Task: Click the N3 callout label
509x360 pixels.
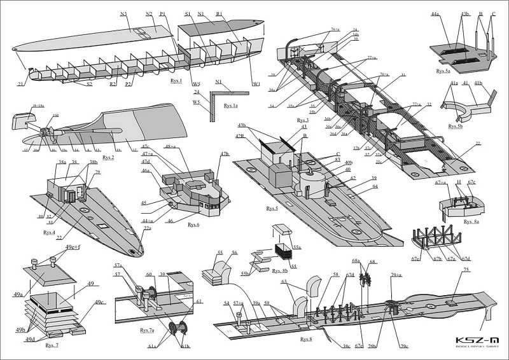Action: coord(123,13)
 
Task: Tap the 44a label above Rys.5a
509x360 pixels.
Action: coord(436,13)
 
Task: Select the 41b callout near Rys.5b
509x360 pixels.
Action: coord(478,83)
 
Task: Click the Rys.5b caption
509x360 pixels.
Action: coord(456,127)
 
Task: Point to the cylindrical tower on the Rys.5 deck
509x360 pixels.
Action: coord(311,179)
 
